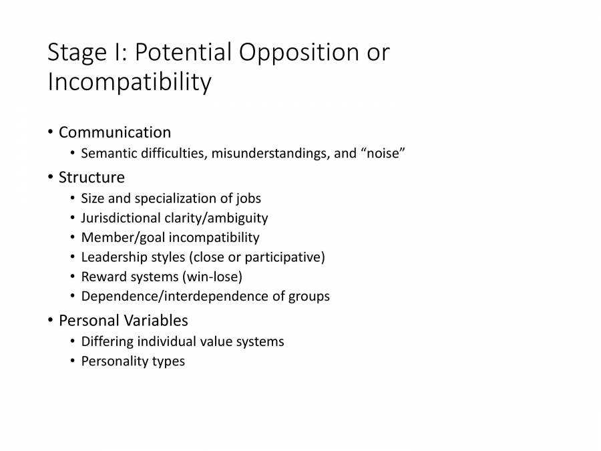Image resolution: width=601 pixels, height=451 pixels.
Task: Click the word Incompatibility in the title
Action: click(129, 82)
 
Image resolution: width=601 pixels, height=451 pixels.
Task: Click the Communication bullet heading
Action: click(115, 132)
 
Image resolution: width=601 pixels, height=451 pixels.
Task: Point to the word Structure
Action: click(91, 178)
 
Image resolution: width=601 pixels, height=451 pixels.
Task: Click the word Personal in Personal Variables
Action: click(87, 321)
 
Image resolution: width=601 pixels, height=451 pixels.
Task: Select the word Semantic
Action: click(109, 154)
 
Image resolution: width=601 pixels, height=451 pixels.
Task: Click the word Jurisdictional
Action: click(123, 218)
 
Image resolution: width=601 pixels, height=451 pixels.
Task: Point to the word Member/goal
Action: click(123, 237)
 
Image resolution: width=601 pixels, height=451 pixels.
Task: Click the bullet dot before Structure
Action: click(51, 178)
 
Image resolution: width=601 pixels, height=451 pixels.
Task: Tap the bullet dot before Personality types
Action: click(73, 361)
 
